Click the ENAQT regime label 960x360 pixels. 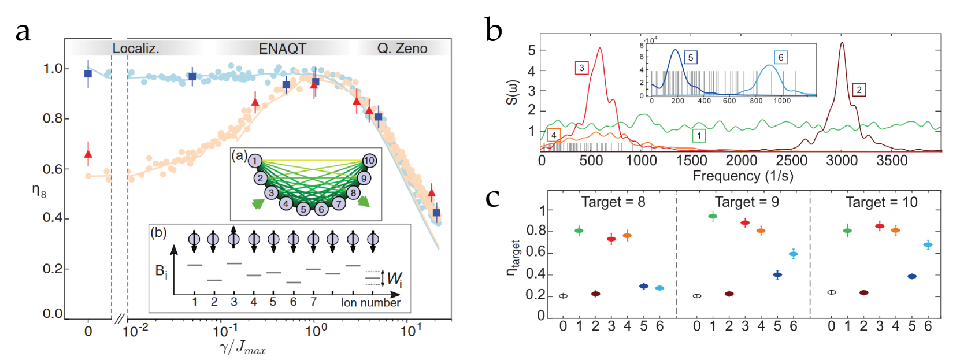point(282,49)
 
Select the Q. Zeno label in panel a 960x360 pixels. point(402,49)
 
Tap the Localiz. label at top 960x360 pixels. point(136,49)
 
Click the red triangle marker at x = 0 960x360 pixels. point(88,154)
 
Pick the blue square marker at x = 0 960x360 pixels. point(88,74)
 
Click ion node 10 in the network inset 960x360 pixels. point(369,161)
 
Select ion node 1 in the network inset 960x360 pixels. point(255,161)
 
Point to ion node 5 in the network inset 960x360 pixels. point(303,209)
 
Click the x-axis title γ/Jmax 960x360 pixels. point(243,348)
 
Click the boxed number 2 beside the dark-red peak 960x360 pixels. point(859,90)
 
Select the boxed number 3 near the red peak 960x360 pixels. point(581,68)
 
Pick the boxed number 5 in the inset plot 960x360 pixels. point(690,57)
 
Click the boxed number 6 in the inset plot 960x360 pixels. point(781,57)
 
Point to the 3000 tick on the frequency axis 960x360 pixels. point(842,161)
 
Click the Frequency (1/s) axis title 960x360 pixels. point(743,176)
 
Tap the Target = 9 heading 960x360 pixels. point(747,202)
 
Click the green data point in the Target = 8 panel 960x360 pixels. point(579,231)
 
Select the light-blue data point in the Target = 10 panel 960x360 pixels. point(928,244)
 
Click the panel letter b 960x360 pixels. point(494,30)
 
